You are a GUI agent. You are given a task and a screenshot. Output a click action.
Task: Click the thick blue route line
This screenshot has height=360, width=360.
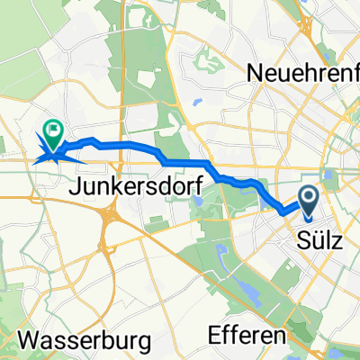click(180, 162)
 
